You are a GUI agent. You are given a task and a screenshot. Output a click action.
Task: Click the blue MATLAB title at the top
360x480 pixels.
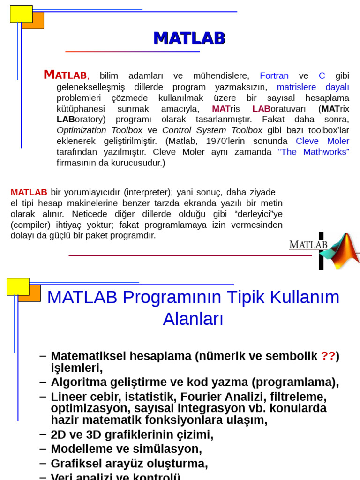click(189, 38)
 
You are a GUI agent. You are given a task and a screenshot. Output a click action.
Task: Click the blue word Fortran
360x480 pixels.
click(274, 76)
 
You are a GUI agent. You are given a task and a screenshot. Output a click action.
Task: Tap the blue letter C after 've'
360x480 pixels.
click(322, 76)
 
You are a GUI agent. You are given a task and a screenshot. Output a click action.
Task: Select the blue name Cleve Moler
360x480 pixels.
click(322, 141)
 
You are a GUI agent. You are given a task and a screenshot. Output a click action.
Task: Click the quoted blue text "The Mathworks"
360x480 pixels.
click(314, 152)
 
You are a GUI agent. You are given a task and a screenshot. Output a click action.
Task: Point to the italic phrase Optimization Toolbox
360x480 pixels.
click(99, 130)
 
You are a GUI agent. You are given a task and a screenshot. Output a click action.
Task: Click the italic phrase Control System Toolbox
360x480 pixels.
click(212, 130)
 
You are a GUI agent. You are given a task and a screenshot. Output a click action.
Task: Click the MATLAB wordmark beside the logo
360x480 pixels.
click(308, 245)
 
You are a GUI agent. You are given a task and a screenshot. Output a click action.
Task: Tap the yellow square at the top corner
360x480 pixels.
click(21, 14)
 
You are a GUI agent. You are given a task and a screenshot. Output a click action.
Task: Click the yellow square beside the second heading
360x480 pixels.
click(18, 286)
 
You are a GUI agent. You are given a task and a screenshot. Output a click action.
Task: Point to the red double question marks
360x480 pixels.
click(328, 356)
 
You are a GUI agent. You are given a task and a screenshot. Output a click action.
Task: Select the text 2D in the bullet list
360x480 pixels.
click(59, 435)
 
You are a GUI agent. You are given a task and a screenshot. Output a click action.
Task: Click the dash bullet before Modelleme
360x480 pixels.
click(43, 448)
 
